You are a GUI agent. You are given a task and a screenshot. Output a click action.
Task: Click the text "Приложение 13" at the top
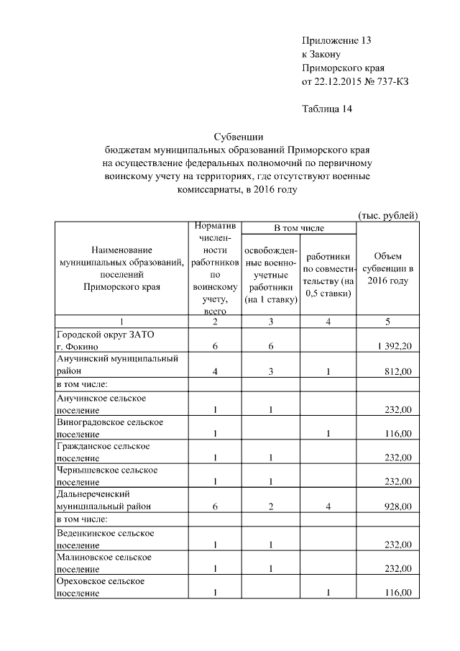click(x=336, y=41)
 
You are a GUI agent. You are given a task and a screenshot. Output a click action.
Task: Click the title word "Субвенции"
click(x=241, y=136)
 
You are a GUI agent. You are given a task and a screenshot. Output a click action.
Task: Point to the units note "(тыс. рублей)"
click(x=387, y=215)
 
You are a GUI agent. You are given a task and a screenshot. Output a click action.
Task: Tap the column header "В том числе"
click(x=299, y=228)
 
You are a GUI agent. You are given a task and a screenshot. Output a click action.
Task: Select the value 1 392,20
click(x=393, y=346)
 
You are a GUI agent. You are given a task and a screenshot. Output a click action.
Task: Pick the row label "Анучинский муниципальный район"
click(x=116, y=364)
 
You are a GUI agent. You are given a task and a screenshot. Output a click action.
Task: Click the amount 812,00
click(x=397, y=370)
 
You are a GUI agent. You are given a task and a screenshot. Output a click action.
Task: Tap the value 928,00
click(x=397, y=506)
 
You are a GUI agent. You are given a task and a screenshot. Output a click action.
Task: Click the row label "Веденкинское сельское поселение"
click(x=105, y=540)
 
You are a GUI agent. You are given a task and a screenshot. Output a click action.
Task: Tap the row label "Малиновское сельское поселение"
click(x=105, y=563)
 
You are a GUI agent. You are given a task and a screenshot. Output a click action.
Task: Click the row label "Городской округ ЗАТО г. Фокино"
click(x=105, y=340)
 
